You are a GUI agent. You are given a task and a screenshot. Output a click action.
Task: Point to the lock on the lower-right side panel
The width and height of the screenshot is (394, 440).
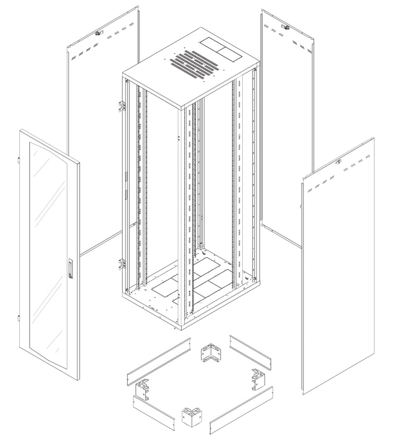[x=338, y=161]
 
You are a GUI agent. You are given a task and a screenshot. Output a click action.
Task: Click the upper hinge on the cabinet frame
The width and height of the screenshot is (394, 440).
[x=121, y=105]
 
